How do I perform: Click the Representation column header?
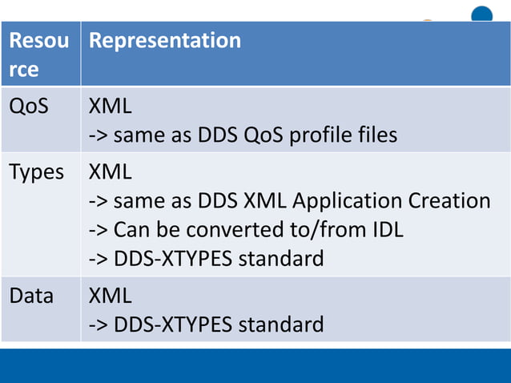pos(165,41)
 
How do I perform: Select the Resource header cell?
pos(38,54)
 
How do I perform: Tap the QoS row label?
pos(29,106)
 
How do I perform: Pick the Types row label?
pos(36,171)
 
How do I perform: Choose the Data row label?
pos(31,296)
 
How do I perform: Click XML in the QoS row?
pos(111,106)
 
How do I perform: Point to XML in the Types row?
pos(111,171)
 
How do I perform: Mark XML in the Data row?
pos(111,296)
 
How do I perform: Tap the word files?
pos(374,135)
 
